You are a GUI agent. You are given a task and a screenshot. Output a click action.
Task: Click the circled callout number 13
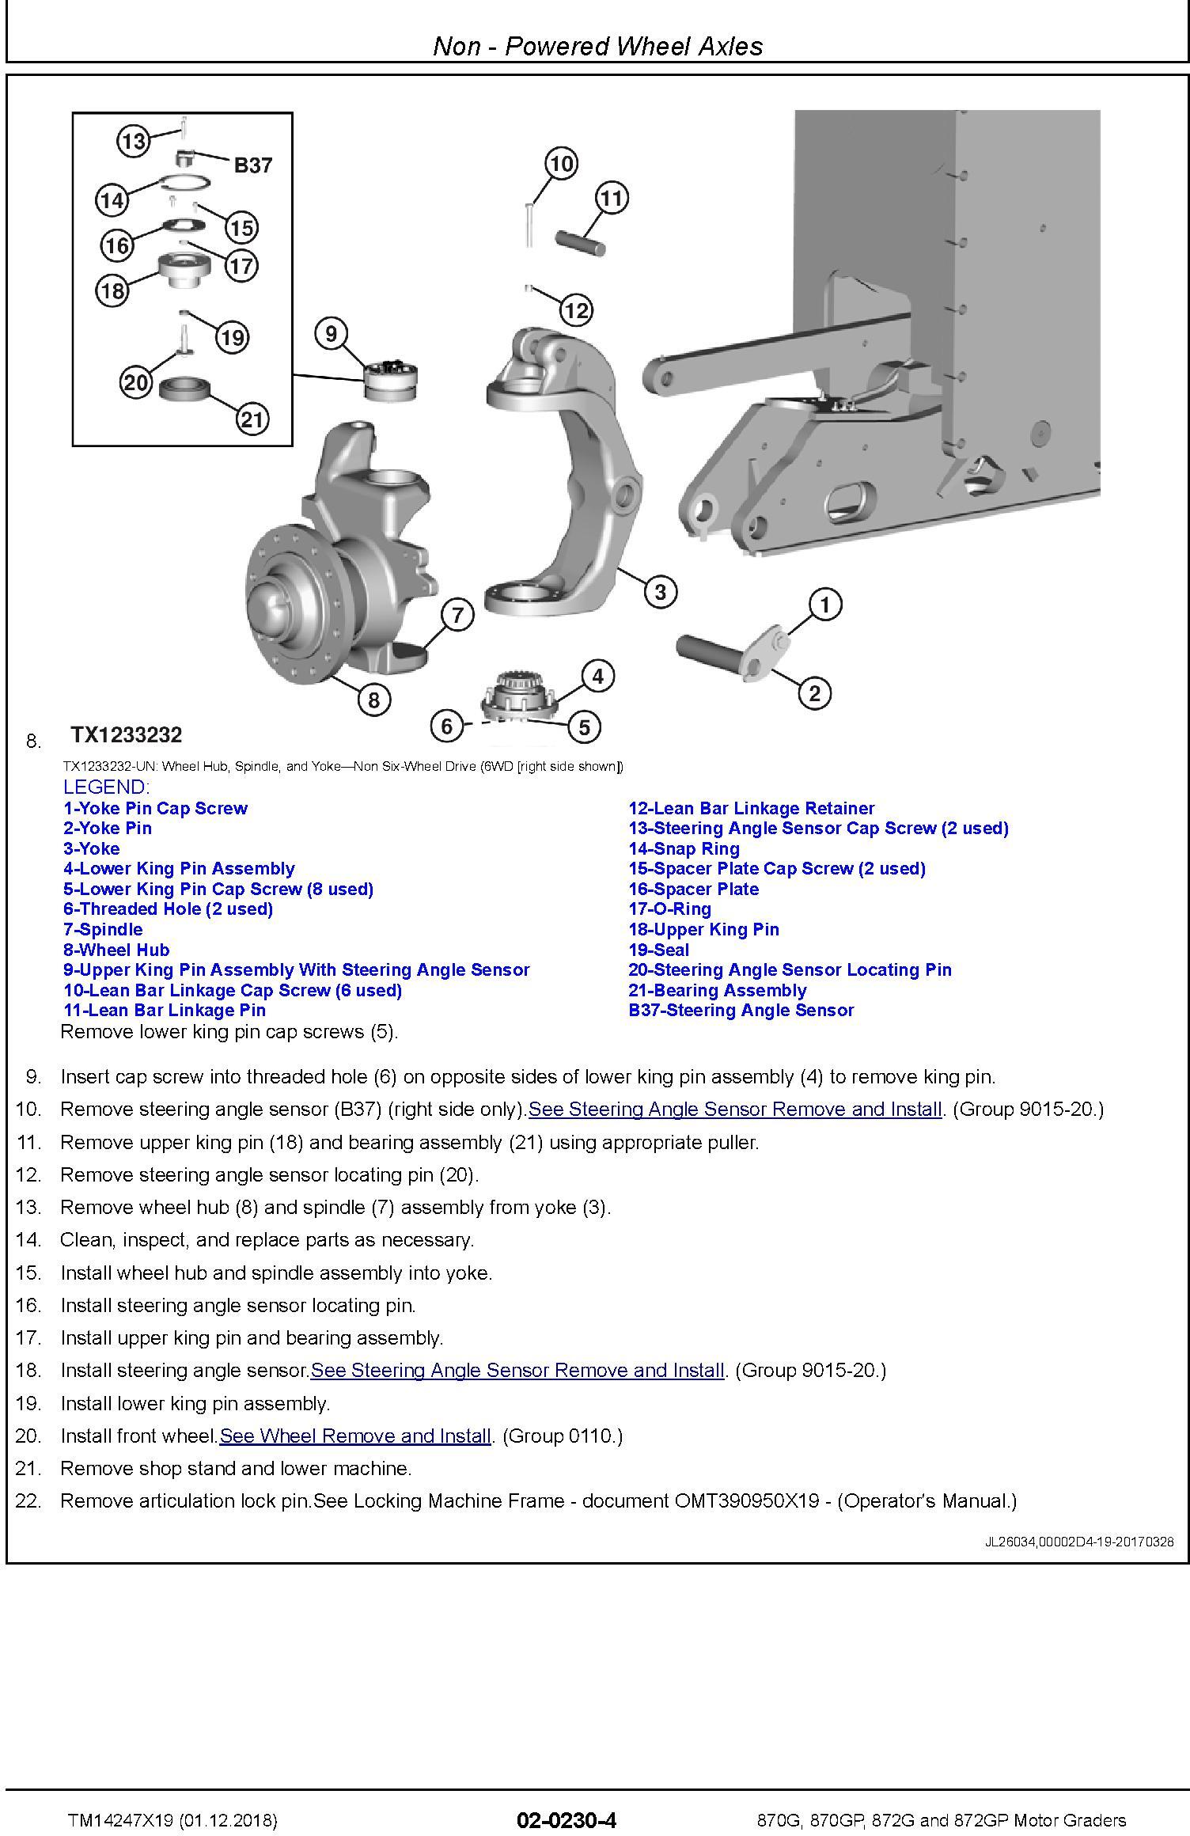click(133, 142)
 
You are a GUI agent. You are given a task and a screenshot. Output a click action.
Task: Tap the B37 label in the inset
click(253, 165)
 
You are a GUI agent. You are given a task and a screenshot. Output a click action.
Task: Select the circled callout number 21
click(252, 419)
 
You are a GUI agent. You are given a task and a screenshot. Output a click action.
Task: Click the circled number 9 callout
click(331, 334)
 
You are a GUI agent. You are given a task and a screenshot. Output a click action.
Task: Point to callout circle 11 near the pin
click(611, 198)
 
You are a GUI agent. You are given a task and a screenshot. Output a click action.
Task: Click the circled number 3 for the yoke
click(660, 591)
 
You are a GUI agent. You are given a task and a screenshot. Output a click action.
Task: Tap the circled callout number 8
click(373, 700)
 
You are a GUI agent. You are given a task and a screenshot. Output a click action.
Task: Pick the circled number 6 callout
click(447, 726)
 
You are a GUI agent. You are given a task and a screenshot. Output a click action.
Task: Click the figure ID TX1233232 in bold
click(127, 735)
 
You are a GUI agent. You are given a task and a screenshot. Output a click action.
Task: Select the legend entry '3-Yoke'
click(92, 848)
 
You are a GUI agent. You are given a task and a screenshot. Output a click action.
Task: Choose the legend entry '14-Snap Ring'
click(684, 848)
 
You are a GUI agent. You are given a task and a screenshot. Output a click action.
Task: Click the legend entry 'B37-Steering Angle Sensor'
click(741, 1011)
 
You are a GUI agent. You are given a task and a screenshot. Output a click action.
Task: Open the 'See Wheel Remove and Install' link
click(355, 1436)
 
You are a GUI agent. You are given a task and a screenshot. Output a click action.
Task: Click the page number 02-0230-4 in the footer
click(566, 1820)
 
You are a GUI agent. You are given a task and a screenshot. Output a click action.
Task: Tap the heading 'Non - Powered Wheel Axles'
click(597, 46)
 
